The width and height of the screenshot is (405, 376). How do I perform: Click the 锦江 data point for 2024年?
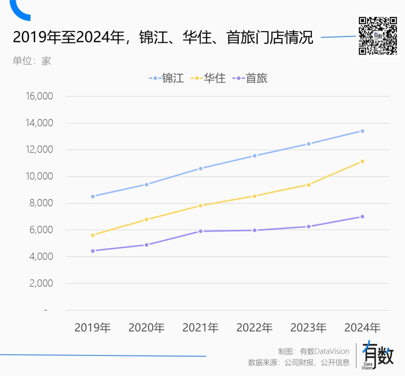(x=362, y=131)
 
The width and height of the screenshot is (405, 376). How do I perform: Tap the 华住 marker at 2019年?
(x=93, y=235)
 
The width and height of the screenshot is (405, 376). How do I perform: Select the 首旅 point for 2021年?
(x=201, y=231)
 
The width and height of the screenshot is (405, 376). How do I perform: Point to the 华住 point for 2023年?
(x=309, y=185)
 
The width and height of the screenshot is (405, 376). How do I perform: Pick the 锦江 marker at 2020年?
(x=147, y=184)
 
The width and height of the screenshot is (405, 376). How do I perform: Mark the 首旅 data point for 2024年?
(x=362, y=217)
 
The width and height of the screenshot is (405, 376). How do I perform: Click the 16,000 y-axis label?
(x=39, y=96)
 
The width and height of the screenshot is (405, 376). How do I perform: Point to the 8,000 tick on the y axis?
(x=41, y=203)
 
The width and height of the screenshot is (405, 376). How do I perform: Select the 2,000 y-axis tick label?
(x=41, y=283)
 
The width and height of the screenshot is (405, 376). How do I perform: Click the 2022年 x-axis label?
(x=254, y=328)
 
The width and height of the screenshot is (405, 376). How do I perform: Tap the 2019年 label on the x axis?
(x=93, y=328)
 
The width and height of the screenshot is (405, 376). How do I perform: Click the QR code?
(x=378, y=36)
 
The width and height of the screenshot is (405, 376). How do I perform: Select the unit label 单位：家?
(x=32, y=61)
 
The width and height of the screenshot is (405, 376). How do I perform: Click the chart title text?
(x=163, y=38)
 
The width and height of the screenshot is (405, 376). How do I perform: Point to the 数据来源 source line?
(x=298, y=362)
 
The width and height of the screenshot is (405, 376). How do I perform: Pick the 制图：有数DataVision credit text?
(x=313, y=351)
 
